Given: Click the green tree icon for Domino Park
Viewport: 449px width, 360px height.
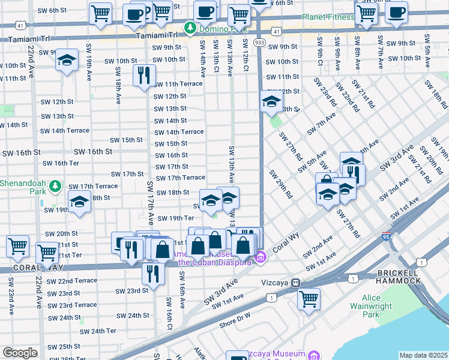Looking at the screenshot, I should pyautogui.click(x=190, y=27).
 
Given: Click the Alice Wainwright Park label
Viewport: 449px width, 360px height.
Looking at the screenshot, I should pyautogui.click(x=379, y=306).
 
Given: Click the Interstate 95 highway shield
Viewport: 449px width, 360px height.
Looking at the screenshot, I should pyautogui.click(x=385, y=238).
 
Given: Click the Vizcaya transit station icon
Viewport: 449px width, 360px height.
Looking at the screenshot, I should pyautogui.click(x=295, y=283).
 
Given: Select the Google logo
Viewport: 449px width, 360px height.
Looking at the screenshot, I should pyautogui.click(x=19, y=353).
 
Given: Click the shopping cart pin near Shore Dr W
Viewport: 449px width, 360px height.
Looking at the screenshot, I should pyautogui.click(x=309, y=299).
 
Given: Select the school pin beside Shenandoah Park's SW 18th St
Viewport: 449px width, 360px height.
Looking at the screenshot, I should pyautogui.click(x=79, y=202).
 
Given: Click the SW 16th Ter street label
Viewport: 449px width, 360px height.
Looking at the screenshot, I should pyautogui.click(x=61, y=163).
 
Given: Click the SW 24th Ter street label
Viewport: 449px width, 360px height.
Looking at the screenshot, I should pyautogui.click(x=98, y=331).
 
